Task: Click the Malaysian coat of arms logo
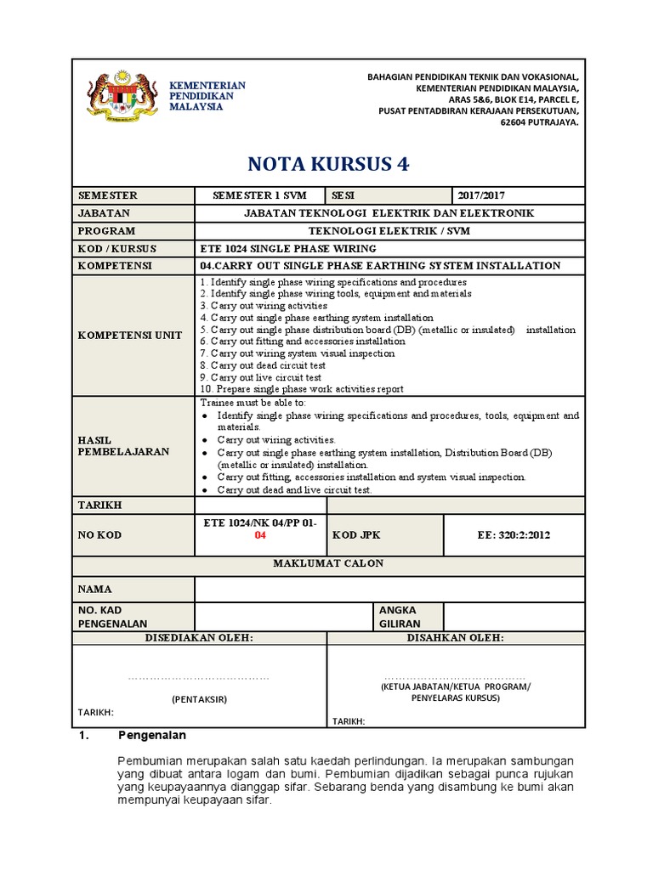point(123,100)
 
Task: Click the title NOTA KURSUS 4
point(327,164)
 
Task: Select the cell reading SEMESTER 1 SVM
point(260,195)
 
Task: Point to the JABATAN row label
point(104,213)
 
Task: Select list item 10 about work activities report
point(301,389)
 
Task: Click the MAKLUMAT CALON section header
point(327,563)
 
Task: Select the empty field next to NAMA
point(389,589)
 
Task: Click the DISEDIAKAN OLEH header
point(199,637)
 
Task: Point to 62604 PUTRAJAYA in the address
point(537,122)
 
